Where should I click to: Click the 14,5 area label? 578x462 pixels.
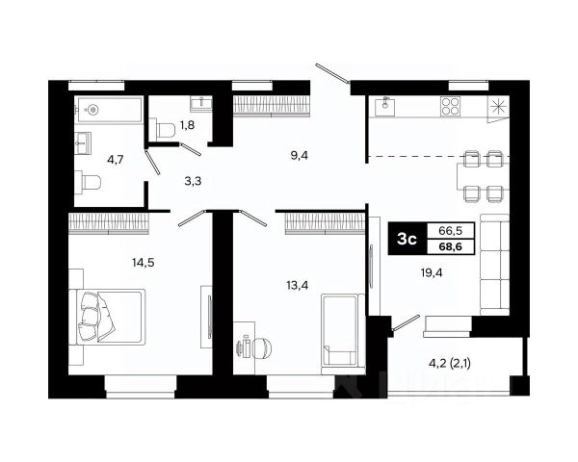tap(143, 263)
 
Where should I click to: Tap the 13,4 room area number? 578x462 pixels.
tap(297, 285)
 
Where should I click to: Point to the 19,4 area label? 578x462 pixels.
tap(432, 272)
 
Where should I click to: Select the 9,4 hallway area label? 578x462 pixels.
tap(300, 156)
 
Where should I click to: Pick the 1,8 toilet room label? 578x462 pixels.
tap(187, 125)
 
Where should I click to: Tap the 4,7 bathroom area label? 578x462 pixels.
tap(115, 160)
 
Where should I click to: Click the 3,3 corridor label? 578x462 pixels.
tap(193, 181)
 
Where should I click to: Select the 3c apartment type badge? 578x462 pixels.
tap(407, 239)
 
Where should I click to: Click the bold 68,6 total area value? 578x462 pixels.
tap(451, 246)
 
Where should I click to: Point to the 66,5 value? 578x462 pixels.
tap(451, 231)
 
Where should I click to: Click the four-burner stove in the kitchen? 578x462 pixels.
tap(451, 106)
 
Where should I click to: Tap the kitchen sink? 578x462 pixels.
tap(384, 105)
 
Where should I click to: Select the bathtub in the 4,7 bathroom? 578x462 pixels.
tap(108, 110)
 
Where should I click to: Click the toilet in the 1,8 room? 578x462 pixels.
tap(165, 129)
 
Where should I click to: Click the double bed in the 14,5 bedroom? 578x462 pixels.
tap(107, 317)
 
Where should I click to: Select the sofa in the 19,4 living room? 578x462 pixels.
tap(495, 264)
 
